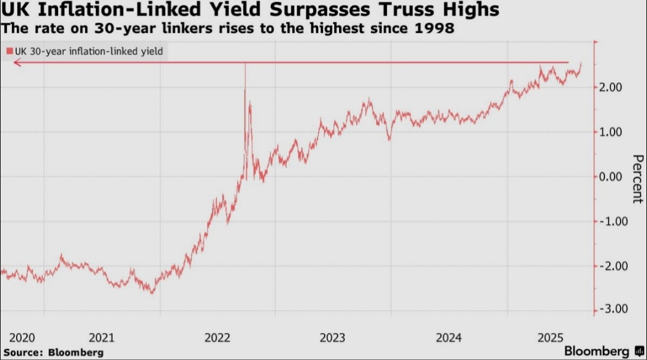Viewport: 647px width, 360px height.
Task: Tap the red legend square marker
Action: click(10, 51)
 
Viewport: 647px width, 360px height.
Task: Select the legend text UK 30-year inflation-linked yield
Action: click(89, 52)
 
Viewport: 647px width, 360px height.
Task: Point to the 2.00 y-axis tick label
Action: click(610, 88)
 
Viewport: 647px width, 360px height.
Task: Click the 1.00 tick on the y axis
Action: click(610, 133)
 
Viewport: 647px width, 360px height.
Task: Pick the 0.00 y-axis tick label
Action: click(610, 177)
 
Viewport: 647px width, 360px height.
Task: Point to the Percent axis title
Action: click(638, 179)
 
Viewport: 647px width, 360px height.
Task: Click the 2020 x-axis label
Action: click(22, 338)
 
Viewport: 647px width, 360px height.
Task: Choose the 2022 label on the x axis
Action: click(217, 338)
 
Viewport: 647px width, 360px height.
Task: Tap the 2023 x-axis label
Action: click(333, 338)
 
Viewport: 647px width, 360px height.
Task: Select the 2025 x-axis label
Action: click(550, 338)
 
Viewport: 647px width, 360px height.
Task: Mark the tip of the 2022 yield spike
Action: click(245, 63)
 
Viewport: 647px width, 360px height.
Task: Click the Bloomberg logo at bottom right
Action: click(604, 351)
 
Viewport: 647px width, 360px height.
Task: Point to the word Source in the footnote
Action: click(23, 353)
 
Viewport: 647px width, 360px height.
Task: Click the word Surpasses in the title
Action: click(320, 10)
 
